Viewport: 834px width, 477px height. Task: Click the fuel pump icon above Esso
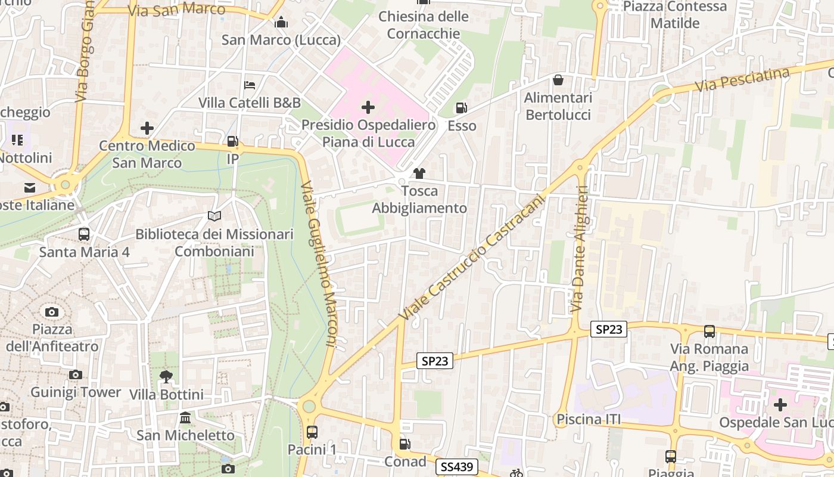462,108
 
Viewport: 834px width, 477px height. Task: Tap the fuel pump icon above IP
233,141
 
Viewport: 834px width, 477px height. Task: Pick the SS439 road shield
457,467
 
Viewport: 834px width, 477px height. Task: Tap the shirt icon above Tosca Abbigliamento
419,174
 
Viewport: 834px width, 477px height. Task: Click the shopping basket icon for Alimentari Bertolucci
558,80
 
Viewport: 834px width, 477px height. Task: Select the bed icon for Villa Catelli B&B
250,85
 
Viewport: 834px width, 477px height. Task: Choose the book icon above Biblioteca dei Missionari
214,216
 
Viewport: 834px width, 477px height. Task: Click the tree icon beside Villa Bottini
166,376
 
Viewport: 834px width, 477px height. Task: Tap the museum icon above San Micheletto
185,417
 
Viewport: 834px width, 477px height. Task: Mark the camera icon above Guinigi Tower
75,374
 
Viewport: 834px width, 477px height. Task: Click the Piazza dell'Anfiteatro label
52,337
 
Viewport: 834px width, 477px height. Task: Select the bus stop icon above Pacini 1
312,432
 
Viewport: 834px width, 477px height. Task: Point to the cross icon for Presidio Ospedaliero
368,107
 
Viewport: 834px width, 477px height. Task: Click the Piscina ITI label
589,419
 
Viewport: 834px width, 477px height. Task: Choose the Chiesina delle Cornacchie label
424,25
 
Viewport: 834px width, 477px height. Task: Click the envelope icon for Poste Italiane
30,188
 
